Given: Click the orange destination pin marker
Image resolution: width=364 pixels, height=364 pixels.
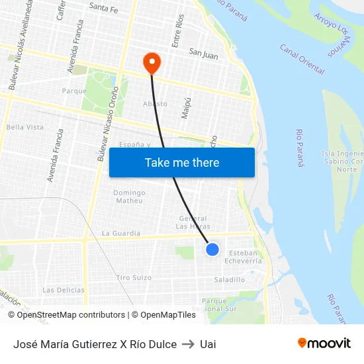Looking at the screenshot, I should [152, 62].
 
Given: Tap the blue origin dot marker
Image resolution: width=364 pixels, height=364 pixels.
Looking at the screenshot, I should [212, 249].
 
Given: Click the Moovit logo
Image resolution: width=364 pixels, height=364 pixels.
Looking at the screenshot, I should [324, 343].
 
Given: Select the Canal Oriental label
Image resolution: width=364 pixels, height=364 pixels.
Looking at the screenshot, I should [302, 59].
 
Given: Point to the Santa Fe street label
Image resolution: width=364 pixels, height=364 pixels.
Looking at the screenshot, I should [103, 9].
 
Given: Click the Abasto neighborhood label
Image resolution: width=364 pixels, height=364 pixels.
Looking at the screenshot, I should [155, 104].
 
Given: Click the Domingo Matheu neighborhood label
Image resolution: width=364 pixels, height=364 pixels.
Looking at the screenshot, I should [129, 197].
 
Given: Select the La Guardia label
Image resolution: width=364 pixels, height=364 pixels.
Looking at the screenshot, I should [121, 233].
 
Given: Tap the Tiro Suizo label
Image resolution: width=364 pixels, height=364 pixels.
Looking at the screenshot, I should [134, 278].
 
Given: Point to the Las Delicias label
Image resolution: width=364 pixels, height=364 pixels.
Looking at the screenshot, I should [64, 290].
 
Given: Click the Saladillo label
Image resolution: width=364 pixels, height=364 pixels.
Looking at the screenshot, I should [230, 279].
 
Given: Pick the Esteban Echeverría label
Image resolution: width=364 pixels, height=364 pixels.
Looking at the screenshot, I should [244, 257].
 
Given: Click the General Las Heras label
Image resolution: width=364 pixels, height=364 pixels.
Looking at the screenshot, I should [193, 222].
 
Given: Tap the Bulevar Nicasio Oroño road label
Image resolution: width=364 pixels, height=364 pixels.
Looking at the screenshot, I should [108, 123].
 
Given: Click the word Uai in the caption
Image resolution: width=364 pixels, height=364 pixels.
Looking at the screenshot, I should [208, 344].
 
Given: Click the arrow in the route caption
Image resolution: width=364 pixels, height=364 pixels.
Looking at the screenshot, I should [189, 344].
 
